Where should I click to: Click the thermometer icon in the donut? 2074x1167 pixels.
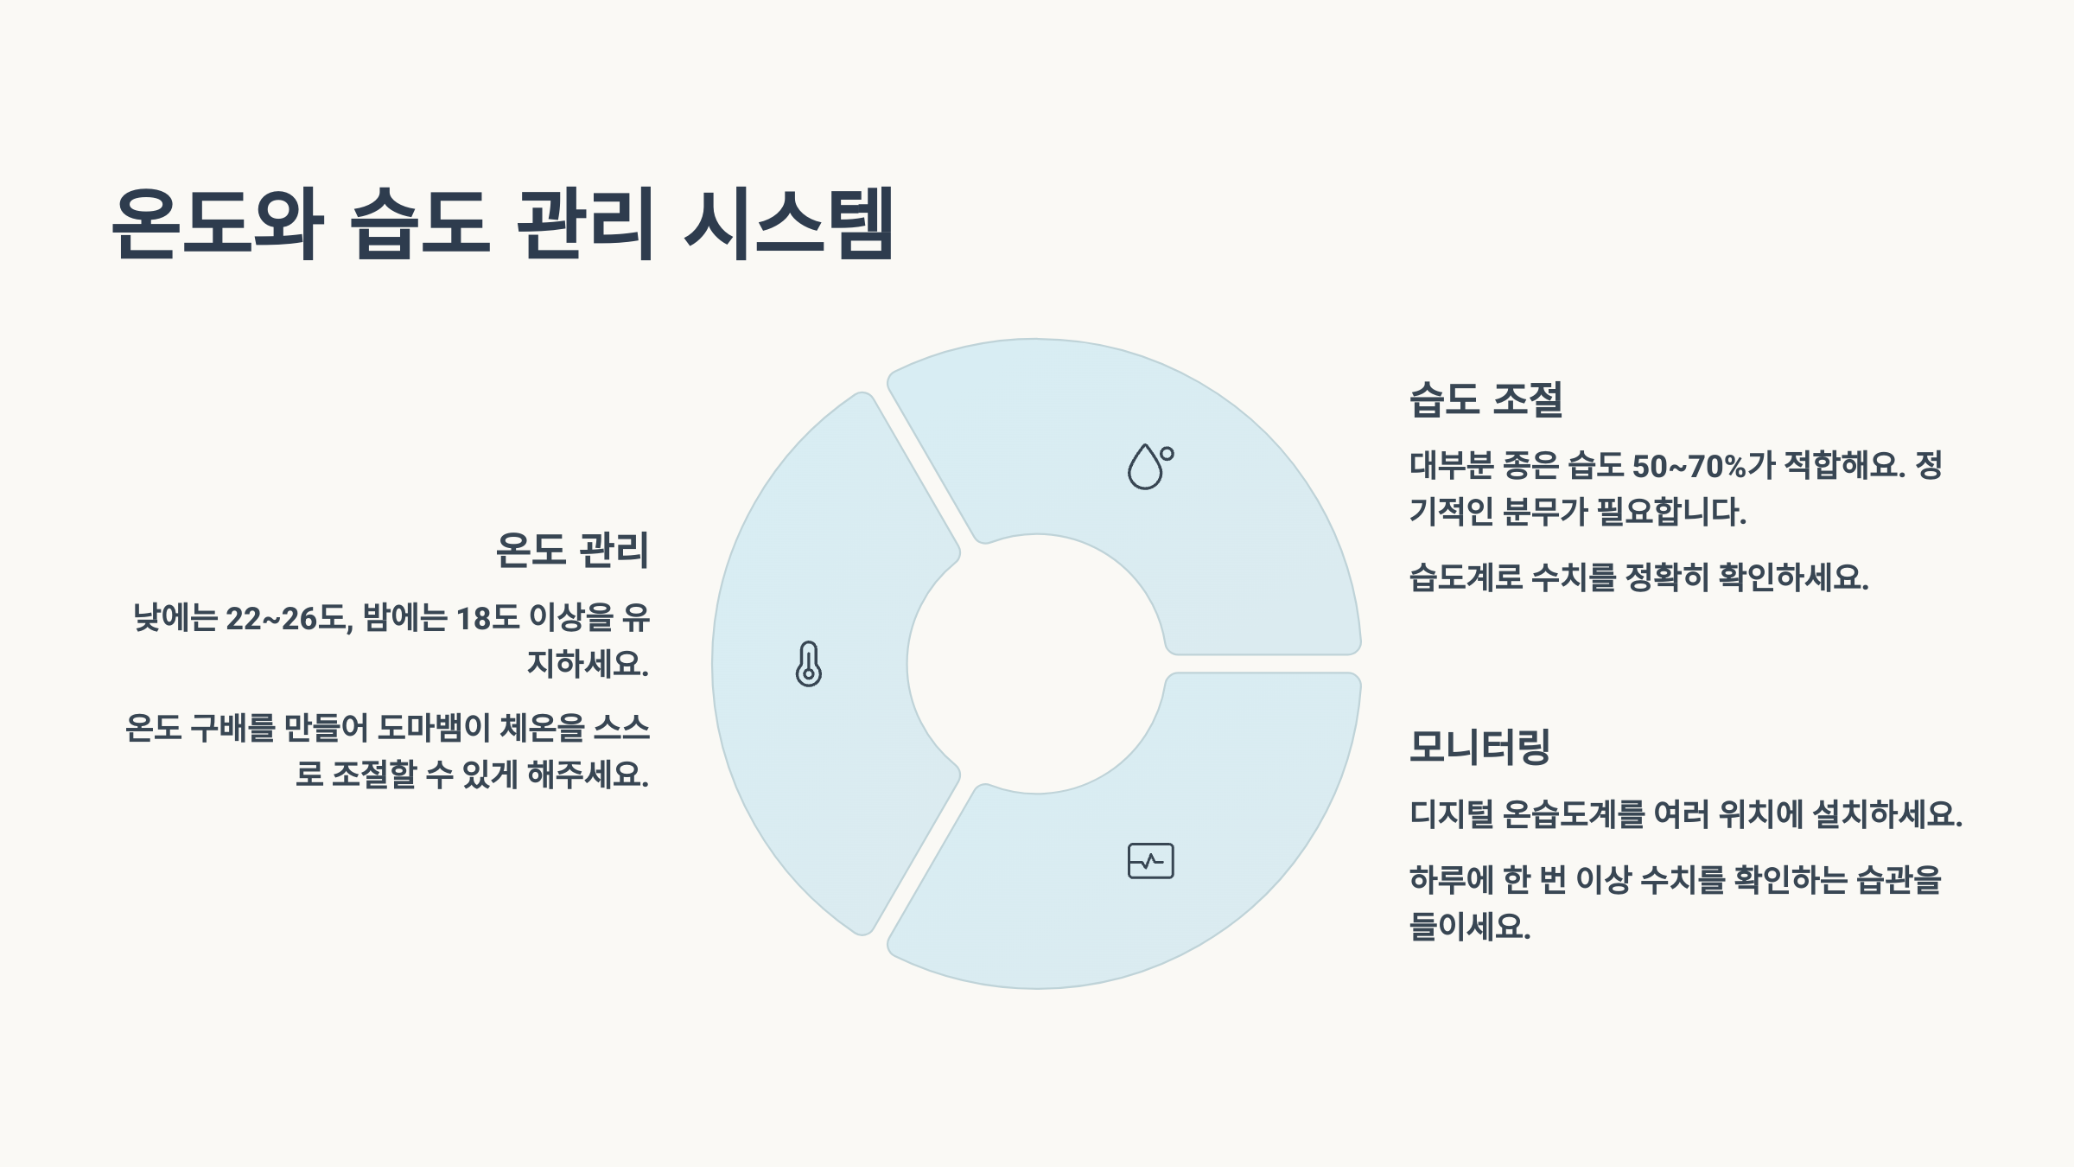(x=808, y=664)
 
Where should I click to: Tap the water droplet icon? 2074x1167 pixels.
(x=1149, y=467)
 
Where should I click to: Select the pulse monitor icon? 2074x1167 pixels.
(x=1150, y=861)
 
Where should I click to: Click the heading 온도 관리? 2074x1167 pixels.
(x=571, y=550)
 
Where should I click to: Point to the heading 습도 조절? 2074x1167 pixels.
(x=1486, y=399)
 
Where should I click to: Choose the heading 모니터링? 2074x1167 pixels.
(x=1479, y=747)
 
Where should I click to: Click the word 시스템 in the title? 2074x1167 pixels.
(x=789, y=223)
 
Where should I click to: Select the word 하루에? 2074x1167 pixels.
(x=1451, y=880)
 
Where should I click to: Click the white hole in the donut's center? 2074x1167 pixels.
(x=1036, y=664)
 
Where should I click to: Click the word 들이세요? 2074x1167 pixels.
(x=1470, y=927)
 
